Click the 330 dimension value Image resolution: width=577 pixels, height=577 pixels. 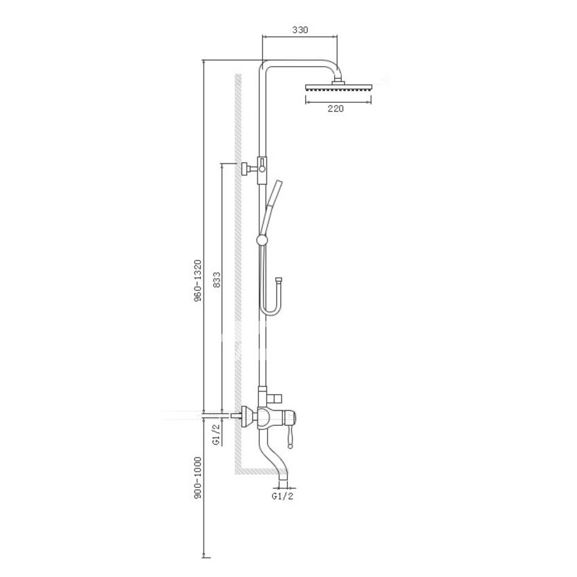(x=300, y=30)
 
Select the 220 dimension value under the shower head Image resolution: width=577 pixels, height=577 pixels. (x=335, y=108)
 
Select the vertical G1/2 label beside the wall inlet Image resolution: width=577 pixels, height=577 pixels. (x=216, y=434)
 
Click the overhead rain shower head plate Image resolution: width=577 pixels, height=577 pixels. (x=338, y=89)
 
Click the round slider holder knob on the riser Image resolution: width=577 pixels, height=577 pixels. (x=262, y=239)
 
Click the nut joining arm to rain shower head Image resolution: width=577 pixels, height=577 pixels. (x=338, y=83)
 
